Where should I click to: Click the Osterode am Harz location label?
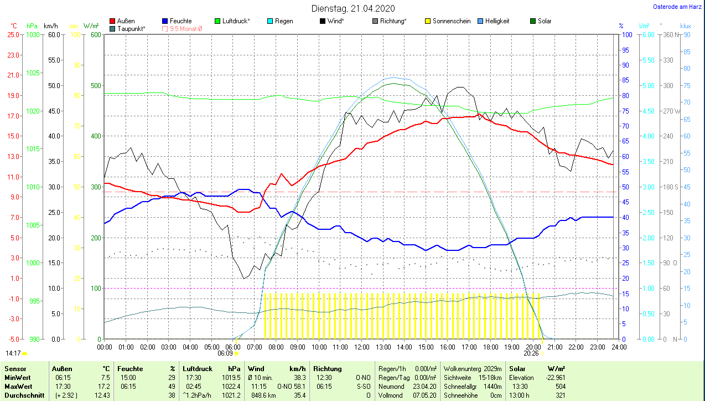point(677,7)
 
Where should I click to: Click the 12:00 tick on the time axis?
point(361,347)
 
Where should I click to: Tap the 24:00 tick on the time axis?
point(618,347)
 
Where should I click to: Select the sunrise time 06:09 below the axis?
point(225,353)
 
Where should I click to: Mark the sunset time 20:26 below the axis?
point(531,353)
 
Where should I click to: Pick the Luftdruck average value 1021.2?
point(232,395)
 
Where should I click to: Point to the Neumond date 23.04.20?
point(424,385)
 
